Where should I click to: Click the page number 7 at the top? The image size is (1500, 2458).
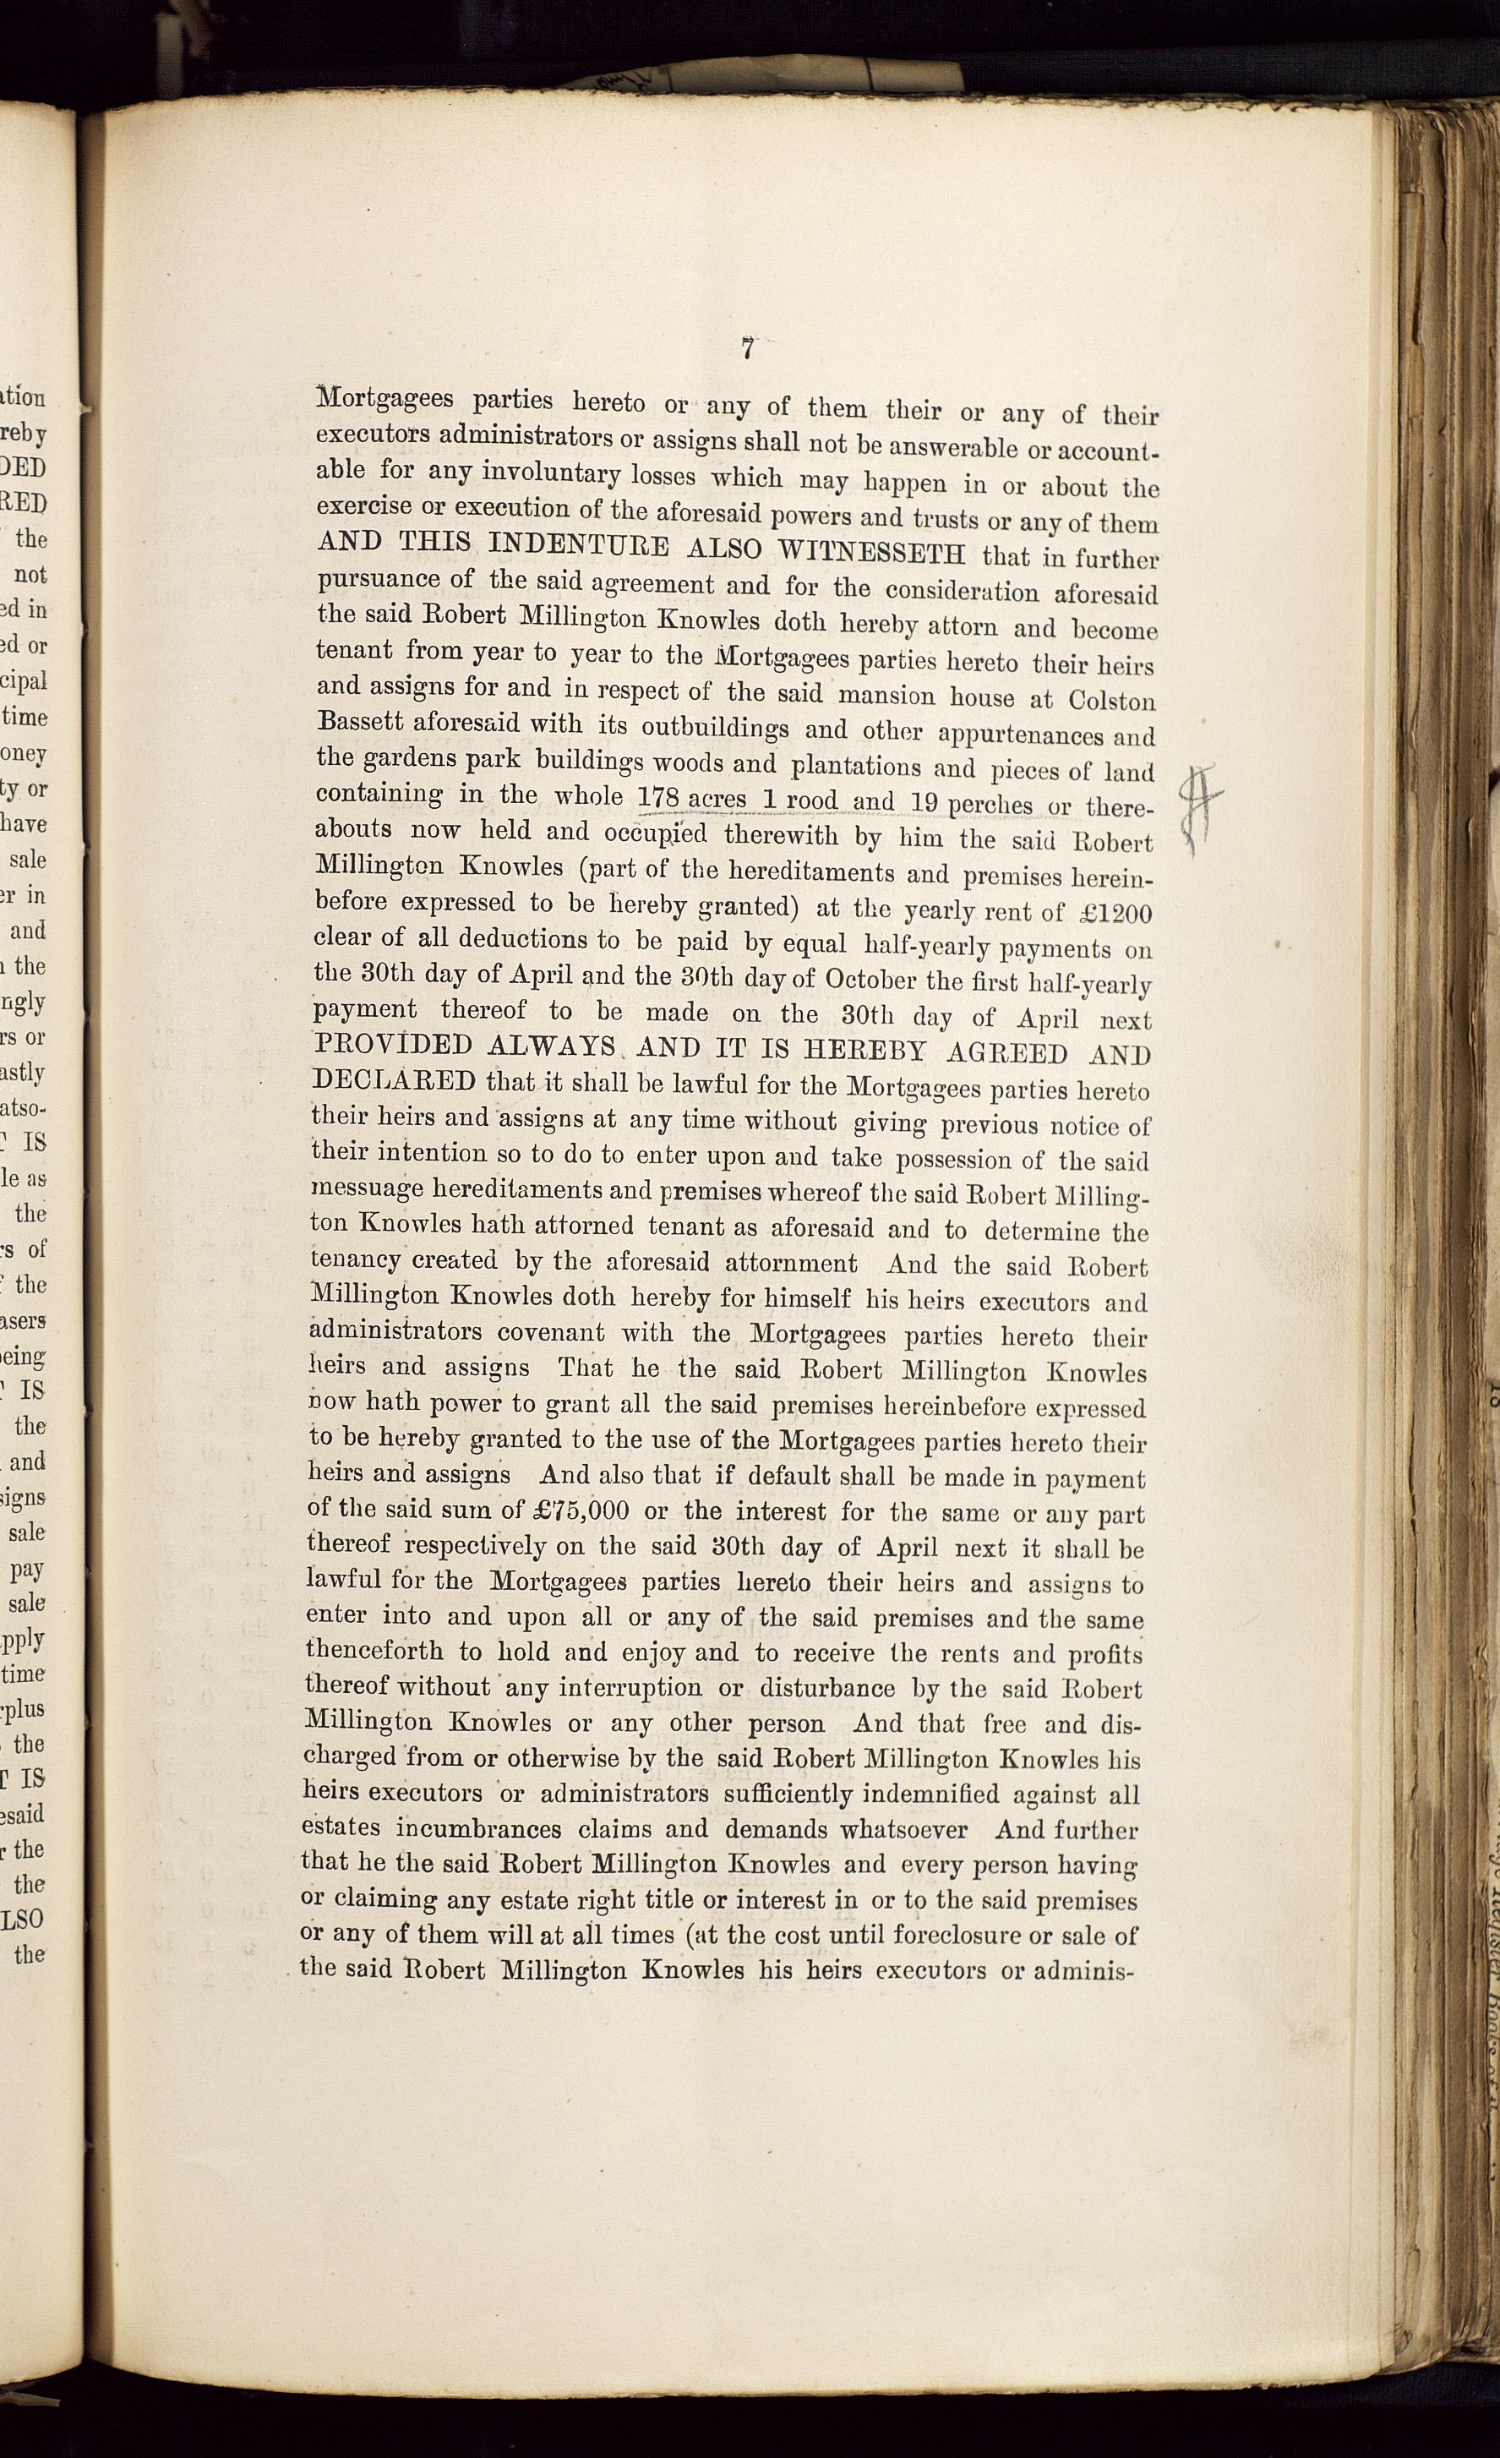(x=748, y=349)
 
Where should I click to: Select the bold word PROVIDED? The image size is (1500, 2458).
(x=393, y=1045)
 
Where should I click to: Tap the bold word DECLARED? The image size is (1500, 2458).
(x=394, y=1080)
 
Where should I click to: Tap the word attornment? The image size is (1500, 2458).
(x=791, y=1263)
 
